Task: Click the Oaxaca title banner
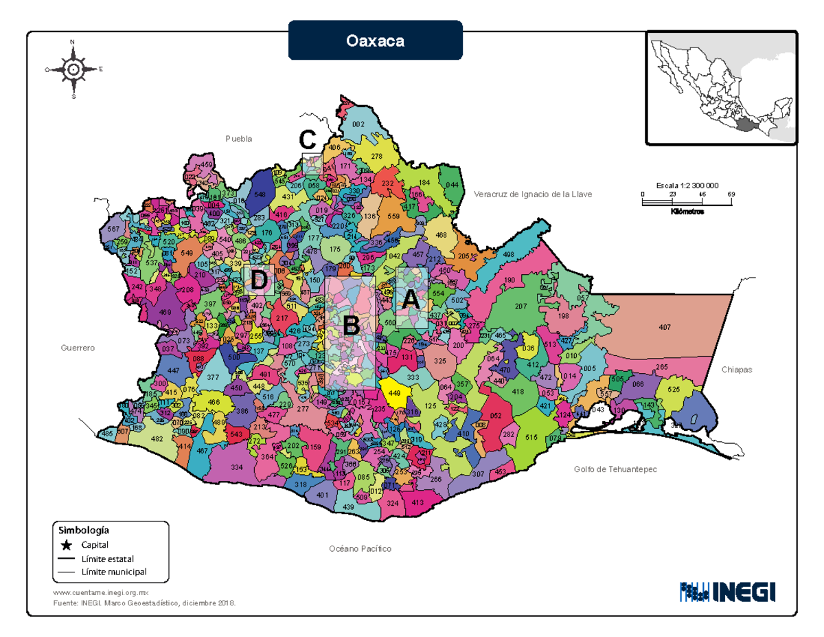(375, 40)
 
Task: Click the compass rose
(73, 69)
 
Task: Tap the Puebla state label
(239, 139)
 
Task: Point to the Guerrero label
(76, 348)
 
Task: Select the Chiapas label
(737, 370)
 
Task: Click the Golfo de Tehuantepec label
(615, 469)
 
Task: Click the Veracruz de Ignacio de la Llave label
(532, 194)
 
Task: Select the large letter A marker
(410, 300)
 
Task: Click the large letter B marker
(351, 326)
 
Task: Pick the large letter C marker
(307, 141)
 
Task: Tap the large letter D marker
(259, 280)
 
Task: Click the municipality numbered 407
(664, 327)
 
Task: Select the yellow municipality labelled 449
(395, 393)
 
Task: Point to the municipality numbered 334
(237, 467)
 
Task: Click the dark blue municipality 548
(260, 194)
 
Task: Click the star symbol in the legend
(66, 546)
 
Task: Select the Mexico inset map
(721, 87)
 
